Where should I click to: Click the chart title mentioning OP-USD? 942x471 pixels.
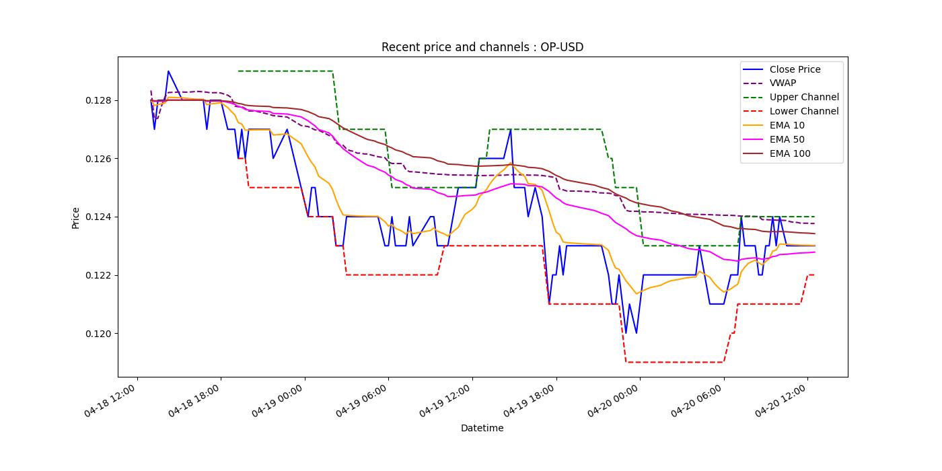click(x=482, y=47)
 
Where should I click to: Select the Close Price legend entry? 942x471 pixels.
click(x=795, y=69)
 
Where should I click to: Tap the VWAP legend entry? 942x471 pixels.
click(x=783, y=83)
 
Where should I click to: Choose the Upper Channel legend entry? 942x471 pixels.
click(x=803, y=98)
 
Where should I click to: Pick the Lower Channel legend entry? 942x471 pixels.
click(x=803, y=112)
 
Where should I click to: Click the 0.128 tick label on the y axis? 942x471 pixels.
click(x=98, y=100)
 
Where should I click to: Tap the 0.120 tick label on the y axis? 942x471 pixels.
click(x=98, y=334)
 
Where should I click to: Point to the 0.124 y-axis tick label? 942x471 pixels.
click(x=98, y=217)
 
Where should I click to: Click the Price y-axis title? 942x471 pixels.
click(x=76, y=217)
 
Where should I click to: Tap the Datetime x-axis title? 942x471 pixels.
click(x=482, y=428)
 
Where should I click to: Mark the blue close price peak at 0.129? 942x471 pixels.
click(x=168, y=71)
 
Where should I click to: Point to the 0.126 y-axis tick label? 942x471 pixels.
click(x=98, y=159)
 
